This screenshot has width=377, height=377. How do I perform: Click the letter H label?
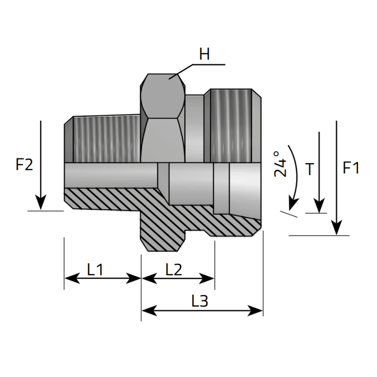coord(204,55)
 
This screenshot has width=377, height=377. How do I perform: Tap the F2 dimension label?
coord(25,165)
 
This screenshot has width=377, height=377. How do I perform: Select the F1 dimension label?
coord(351,168)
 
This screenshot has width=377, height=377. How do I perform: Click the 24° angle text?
coord(280,164)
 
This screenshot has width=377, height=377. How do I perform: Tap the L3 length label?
coord(200,301)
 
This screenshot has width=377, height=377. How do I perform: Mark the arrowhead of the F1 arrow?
coord(337,229)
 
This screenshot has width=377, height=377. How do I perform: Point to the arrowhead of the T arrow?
coord(320,206)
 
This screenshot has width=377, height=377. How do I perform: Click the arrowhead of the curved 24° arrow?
coord(293,204)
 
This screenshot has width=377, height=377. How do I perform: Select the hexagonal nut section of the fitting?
coord(163,118)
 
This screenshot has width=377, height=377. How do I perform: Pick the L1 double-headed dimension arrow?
coord(103,279)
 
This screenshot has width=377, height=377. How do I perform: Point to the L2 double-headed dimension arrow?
coord(178,279)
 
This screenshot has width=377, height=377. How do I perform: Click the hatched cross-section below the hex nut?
coord(163,226)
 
